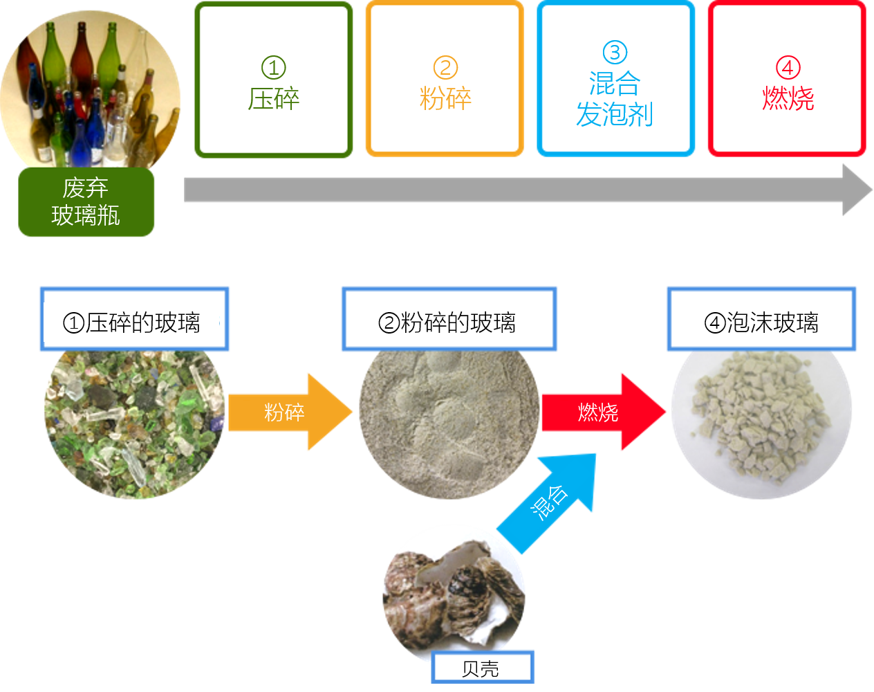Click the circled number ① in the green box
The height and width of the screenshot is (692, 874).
coord(273,68)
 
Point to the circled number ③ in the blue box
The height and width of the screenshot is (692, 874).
coord(615,52)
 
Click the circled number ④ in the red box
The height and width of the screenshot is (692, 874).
coord(788,68)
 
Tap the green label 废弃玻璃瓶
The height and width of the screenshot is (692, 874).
coord(86,202)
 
